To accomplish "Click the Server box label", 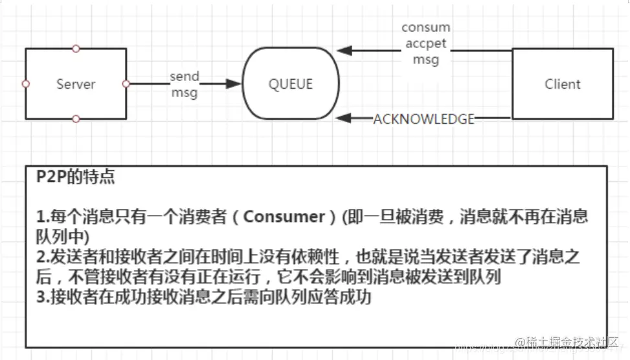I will (76, 84).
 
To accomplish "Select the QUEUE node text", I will (291, 84).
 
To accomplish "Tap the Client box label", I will (562, 84).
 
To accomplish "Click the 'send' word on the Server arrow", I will (185, 76).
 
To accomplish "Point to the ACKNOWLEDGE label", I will (423, 119).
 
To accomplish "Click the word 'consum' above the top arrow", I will (425, 28).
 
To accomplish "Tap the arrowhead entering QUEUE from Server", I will (235, 84).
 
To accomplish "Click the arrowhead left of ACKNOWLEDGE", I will (344, 118).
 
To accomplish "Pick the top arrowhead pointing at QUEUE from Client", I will (344, 51).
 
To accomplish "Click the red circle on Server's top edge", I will (76, 49).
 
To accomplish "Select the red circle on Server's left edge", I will (25, 84).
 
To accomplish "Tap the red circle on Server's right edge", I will (126, 84).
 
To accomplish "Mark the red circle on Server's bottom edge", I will (76, 119).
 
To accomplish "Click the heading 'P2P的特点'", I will (76, 177).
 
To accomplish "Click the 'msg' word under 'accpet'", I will (425, 60).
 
